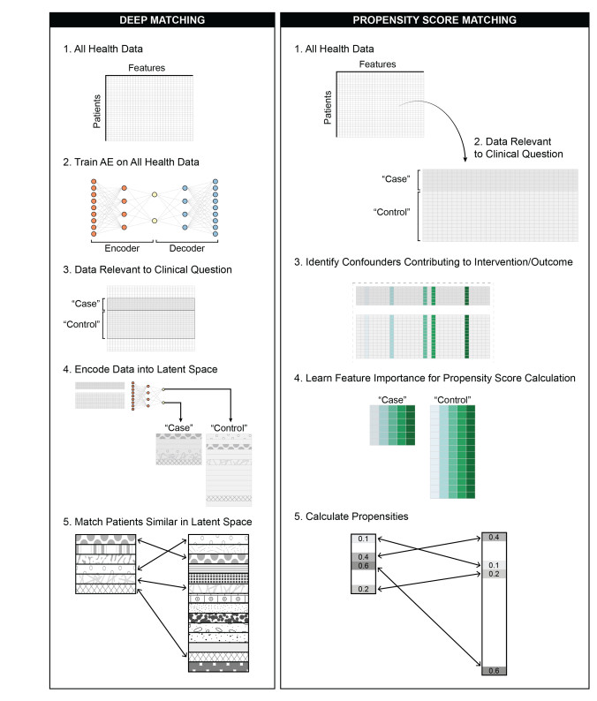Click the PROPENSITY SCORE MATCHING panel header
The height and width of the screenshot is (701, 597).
(x=434, y=20)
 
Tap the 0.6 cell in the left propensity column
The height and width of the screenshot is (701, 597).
(x=364, y=567)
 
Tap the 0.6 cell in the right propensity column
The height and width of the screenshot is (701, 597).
(x=494, y=670)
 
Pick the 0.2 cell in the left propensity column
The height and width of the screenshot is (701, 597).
(x=364, y=589)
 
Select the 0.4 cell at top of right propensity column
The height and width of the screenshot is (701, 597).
(x=494, y=537)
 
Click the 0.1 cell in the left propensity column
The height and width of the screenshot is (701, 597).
(x=364, y=539)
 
